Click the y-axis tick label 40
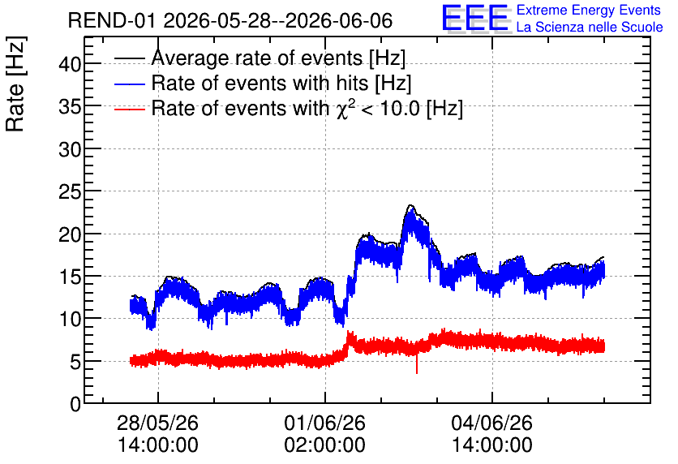pos(70,64)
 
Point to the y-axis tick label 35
pos(70,107)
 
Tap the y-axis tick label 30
pos(70,149)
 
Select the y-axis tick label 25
pos(70,191)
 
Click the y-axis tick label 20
pos(70,234)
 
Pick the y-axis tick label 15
pos(70,277)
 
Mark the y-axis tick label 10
pos(70,319)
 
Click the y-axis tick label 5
pos(75,362)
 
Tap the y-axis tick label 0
pos(75,404)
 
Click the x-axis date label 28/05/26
pos(158,423)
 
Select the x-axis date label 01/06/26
pos(324,423)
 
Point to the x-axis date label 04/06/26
pos(492,423)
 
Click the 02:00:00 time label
pos(324,445)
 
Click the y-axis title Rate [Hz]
pos(15,84)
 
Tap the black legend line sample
pos(129,58)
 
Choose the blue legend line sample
pos(129,84)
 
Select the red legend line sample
pos(129,109)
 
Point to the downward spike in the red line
pos(417,365)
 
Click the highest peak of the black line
pos(411,205)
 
